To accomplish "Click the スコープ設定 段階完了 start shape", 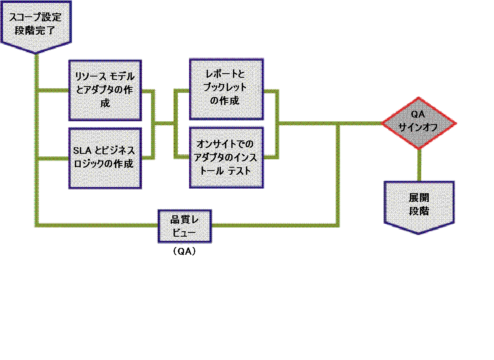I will click(36, 25).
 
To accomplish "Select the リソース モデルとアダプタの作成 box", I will click(105, 90).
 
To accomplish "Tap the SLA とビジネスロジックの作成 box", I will click(105, 158).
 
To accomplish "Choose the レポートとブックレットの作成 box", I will click(226, 89).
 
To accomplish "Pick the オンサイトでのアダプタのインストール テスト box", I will click(226, 157).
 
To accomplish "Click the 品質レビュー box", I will click(184, 226).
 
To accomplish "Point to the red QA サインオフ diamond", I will click(419, 123).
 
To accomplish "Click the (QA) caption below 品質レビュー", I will click(184, 252).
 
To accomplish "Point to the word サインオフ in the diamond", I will click(419, 128).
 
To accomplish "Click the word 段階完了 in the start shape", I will click(36, 31).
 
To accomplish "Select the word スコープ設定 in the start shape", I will click(36, 18).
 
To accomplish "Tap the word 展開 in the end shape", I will click(419, 198).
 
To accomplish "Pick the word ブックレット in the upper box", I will click(225, 88).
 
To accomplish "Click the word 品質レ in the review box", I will click(184, 221).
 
